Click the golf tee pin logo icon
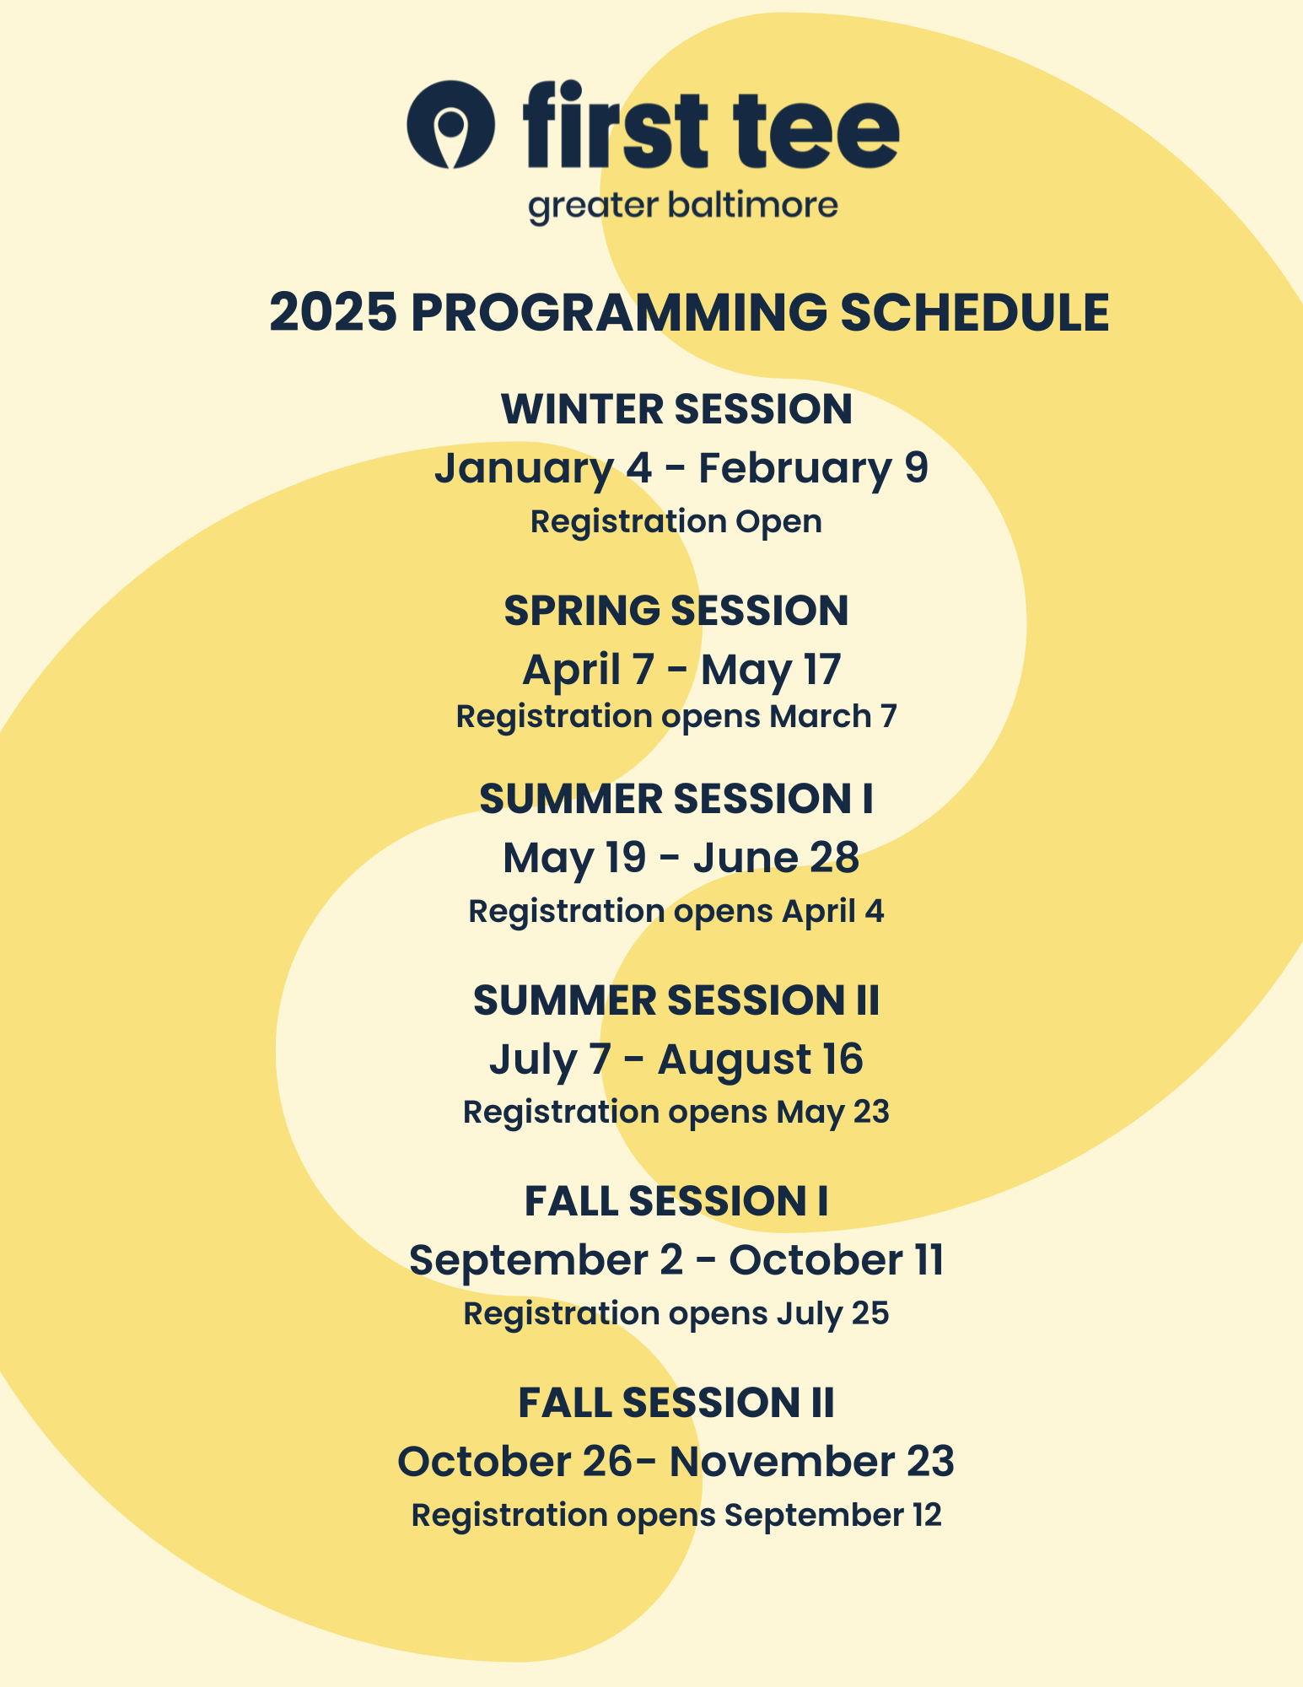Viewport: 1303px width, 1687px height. (x=450, y=125)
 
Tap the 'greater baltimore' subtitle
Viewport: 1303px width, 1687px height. (x=682, y=207)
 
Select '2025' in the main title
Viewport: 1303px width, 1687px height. (x=332, y=312)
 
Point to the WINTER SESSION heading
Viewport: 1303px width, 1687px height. (x=676, y=409)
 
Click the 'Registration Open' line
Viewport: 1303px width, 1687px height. (x=676, y=521)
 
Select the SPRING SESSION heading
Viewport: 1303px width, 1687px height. (x=676, y=611)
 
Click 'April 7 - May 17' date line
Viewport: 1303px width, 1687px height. (x=681, y=670)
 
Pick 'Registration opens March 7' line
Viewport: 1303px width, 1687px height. (x=676, y=717)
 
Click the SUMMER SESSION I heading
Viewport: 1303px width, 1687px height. (x=676, y=799)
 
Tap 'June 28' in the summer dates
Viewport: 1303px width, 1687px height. (x=776, y=858)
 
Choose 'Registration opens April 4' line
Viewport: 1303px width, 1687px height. (x=676, y=912)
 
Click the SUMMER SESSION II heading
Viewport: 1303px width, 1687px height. (x=676, y=1000)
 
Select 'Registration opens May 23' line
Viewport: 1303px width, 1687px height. (x=676, y=1113)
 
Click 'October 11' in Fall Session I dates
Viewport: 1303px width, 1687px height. (x=836, y=1260)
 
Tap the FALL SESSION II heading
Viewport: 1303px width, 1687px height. (x=676, y=1403)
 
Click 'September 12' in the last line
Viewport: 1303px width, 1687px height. (x=832, y=1515)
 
